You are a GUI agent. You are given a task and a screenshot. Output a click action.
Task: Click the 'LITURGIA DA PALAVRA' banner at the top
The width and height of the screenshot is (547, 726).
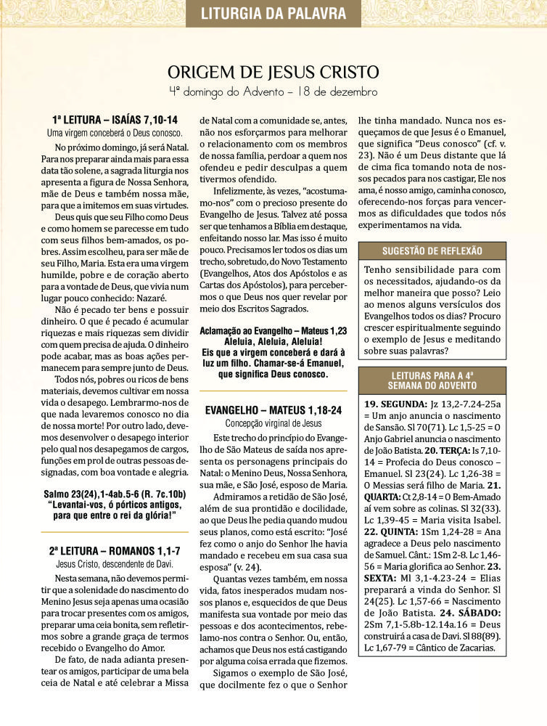pos(273,13)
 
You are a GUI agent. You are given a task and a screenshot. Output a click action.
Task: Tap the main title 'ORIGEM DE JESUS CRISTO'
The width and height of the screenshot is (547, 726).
pos(273,73)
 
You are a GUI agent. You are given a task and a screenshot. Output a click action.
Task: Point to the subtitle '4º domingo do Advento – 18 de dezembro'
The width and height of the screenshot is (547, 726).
pos(273,92)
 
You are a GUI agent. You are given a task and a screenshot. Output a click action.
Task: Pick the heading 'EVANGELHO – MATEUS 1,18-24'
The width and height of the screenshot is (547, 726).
pos(273,410)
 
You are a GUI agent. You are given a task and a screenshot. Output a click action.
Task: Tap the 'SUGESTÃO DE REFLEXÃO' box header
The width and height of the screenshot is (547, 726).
pos(432,251)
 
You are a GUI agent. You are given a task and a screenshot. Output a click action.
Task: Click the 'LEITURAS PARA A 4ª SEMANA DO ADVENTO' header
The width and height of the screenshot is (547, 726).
pos(432,380)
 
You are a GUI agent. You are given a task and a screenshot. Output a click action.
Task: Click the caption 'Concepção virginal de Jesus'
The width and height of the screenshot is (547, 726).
pos(273,423)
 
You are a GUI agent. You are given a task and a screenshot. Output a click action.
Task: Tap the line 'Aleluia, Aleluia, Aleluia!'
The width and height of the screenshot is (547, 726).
pos(273,340)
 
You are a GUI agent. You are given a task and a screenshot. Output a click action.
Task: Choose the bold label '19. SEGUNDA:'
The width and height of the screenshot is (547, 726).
pos(396,404)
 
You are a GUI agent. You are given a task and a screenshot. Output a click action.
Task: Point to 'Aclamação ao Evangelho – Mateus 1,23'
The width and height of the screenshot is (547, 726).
pos(273,330)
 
